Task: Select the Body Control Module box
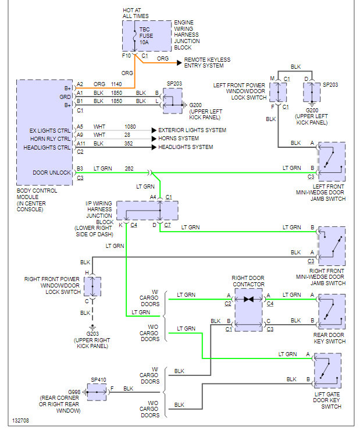[46, 130]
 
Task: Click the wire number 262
[130, 168]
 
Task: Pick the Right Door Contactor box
[248, 309]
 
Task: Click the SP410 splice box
[96, 392]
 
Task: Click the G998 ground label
[73, 392]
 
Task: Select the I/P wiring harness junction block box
[147, 210]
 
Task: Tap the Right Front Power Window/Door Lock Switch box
[92, 286]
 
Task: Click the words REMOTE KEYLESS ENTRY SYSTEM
[208, 63]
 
